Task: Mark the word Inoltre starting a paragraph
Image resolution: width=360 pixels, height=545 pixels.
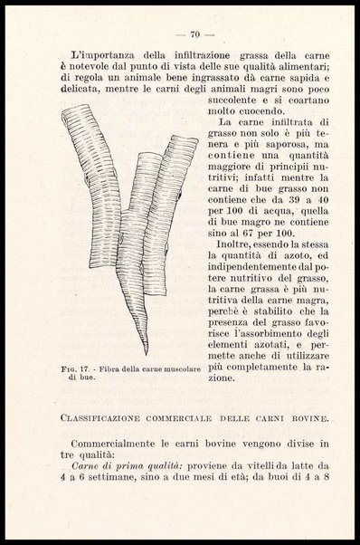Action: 236,244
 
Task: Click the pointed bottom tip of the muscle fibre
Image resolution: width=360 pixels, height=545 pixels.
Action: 145,352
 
